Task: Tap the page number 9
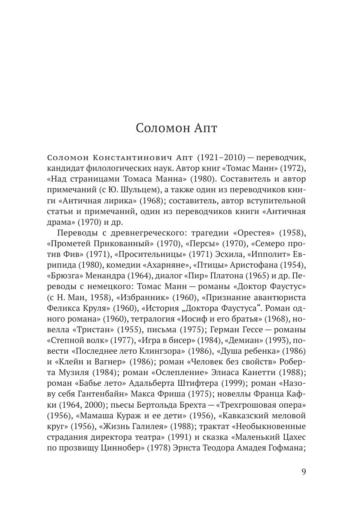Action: click(x=304, y=472)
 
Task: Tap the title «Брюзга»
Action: click(x=66, y=275)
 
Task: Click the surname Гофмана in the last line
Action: click(x=283, y=447)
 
